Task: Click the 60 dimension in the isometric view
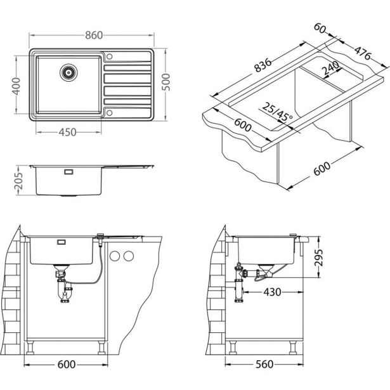point(319,29)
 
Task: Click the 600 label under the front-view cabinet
point(63,365)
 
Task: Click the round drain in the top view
point(68,72)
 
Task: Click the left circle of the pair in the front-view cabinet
point(114,256)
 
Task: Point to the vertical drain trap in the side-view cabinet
point(239,285)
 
